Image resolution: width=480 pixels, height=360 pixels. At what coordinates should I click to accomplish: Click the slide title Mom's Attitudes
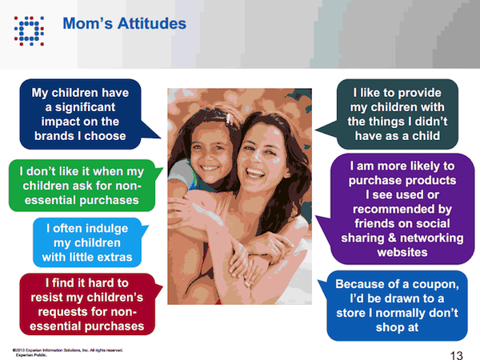(124, 23)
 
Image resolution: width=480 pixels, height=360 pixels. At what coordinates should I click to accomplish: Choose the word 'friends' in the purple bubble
(357, 223)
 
